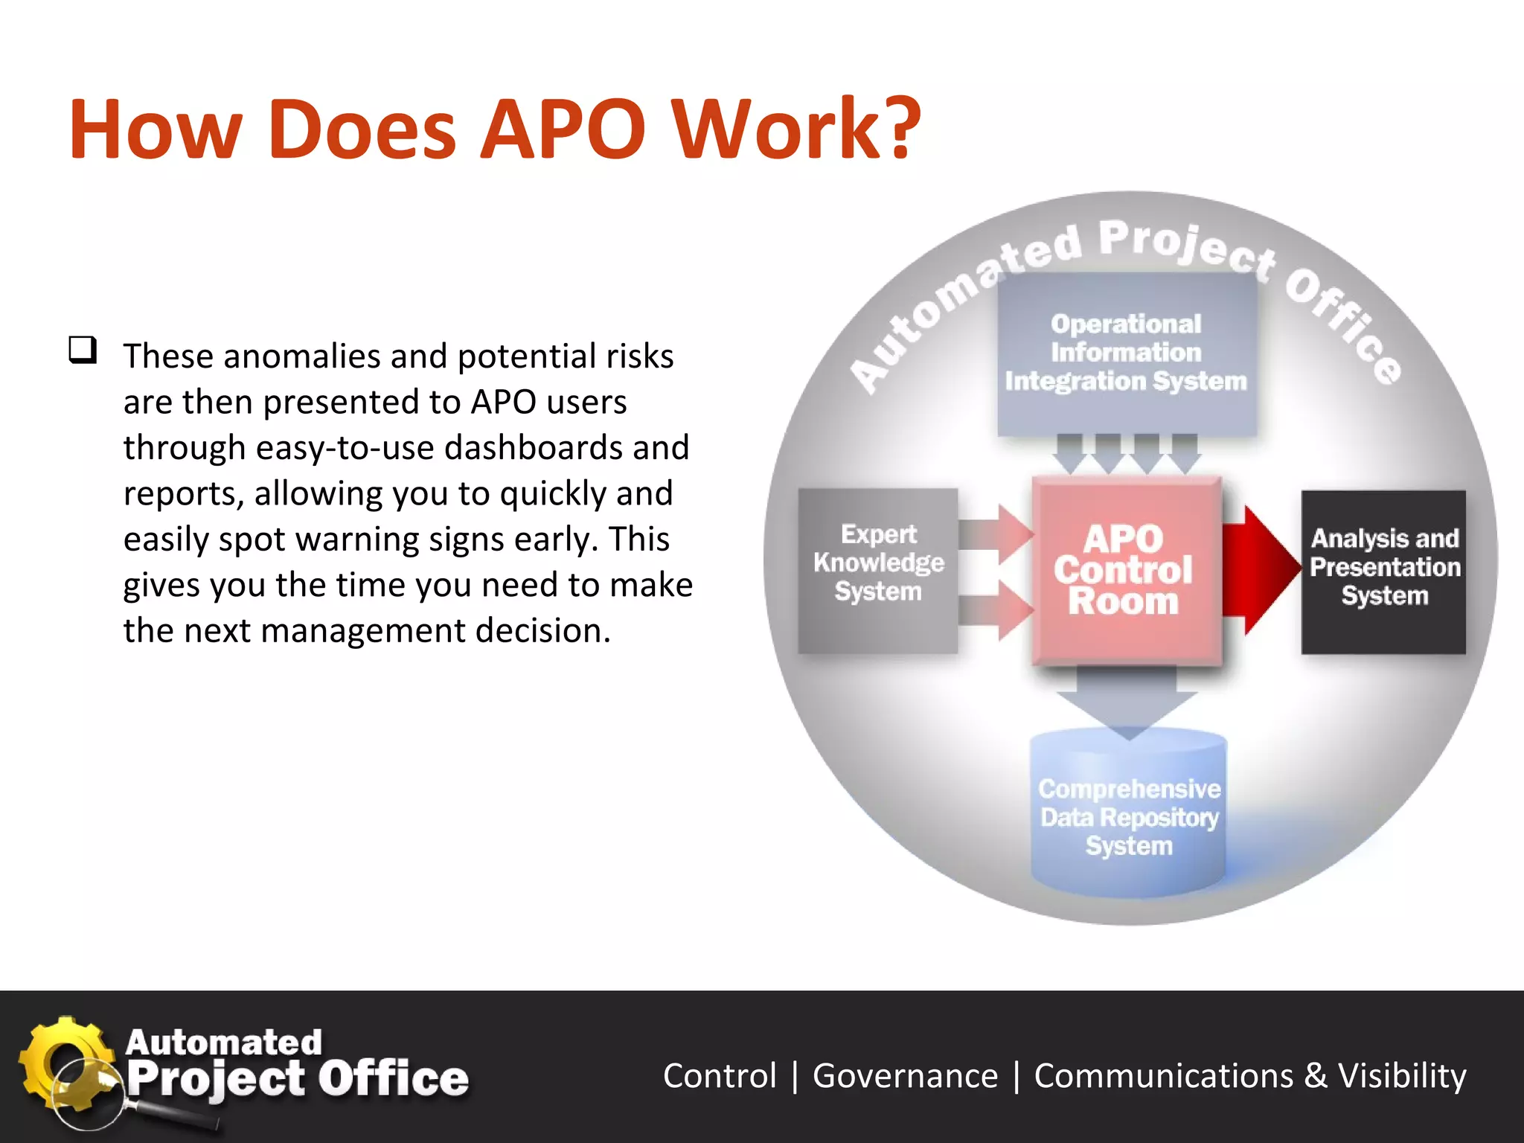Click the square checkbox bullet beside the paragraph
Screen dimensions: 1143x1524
click(83, 349)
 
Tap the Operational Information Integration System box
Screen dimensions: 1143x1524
click(1126, 353)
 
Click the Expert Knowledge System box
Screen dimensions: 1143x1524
click(878, 570)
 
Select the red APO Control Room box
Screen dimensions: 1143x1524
click(1125, 570)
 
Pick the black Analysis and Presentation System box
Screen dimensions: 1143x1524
click(1383, 571)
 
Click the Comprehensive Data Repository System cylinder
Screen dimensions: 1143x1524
click(1128, 815)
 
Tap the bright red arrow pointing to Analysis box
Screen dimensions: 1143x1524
click(1260, 570)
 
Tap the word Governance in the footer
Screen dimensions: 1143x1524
click(905, 1076)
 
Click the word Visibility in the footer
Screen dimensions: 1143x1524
click(1402, 1076)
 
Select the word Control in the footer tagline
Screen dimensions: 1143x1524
click(720, 1076)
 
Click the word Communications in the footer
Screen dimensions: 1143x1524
click(1164, 1076)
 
